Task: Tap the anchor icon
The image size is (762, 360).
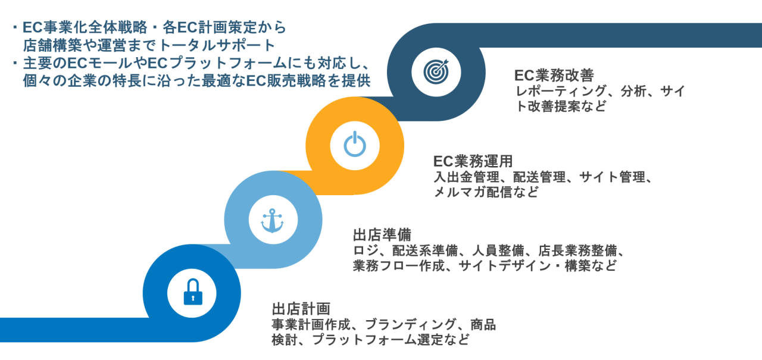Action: tap(273, 221)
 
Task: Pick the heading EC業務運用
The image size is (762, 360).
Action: tap(473, 161)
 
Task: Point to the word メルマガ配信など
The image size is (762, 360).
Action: tap(486, 192)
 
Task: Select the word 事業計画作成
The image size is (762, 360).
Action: tap(308, 325)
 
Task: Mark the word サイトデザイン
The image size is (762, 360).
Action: tap(507, 266)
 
